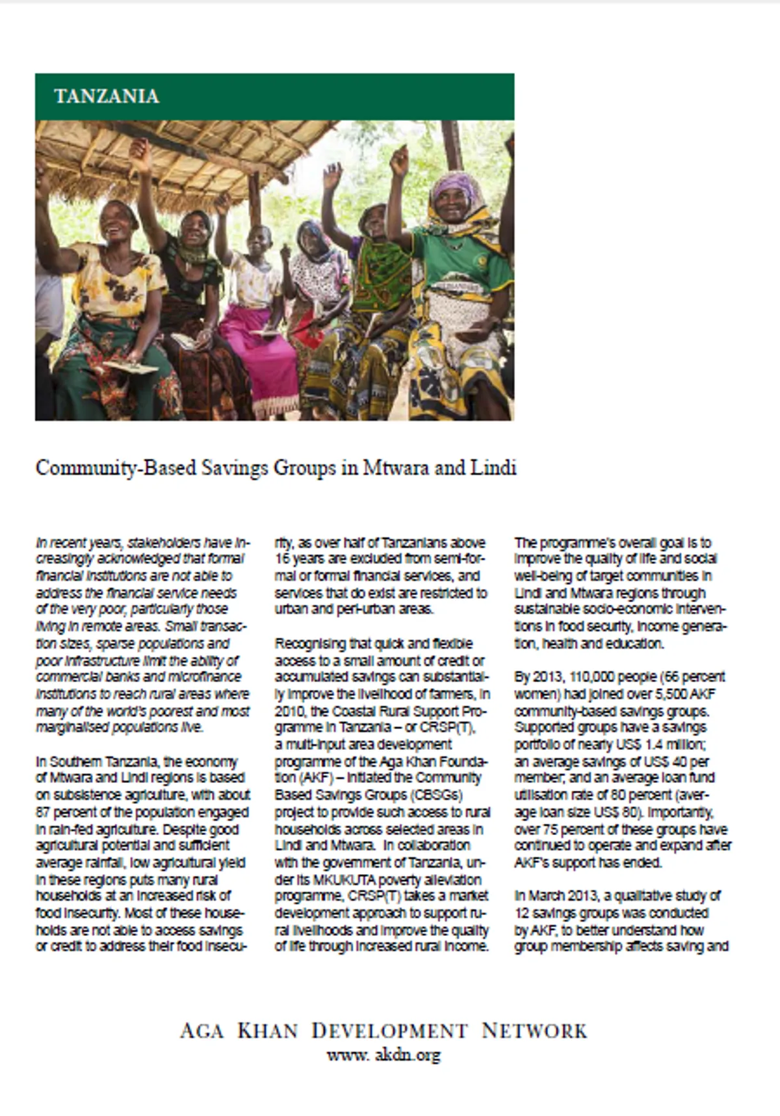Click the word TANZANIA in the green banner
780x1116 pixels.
(x=107, y=96)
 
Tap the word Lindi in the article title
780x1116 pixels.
(x=492, y=468)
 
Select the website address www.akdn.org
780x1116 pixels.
(x=383, y=1054)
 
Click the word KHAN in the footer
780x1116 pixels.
(x=268, y=1031)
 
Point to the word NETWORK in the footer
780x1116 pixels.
(x=534, y=1031)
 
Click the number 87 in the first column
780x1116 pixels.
(x=44, y=812)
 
